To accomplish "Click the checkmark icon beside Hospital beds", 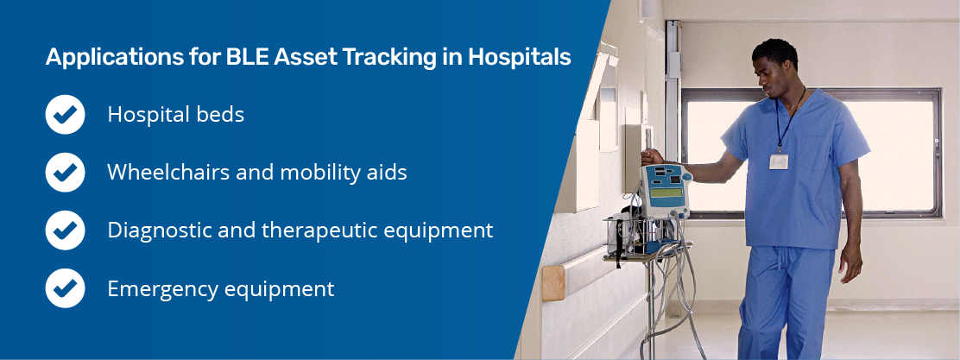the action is (x=65, y=115).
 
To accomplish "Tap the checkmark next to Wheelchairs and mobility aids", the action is (x=65, y=173).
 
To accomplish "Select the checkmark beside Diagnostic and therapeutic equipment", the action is (x=65, y=231).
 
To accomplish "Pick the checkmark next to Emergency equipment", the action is (x=65, y=288).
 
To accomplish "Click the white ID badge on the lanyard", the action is (x=779, y=161).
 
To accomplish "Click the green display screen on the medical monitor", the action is (x=666, y=193).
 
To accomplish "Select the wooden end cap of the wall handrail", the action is (x=553, y=283).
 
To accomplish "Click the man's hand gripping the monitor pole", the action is (x=653, y=157).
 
